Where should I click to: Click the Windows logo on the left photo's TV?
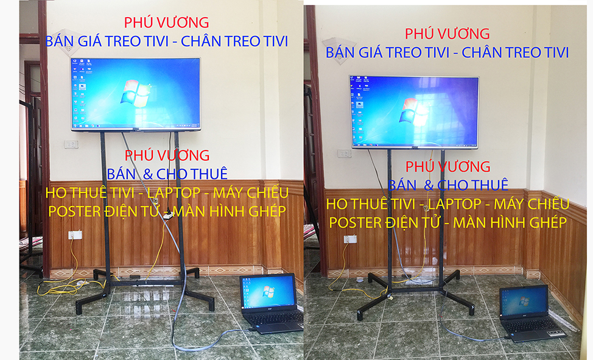coord(136,93)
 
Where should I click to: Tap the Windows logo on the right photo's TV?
coord(415,111)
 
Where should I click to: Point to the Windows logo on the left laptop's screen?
coord(268,292)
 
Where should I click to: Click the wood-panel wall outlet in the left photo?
coord(75,235)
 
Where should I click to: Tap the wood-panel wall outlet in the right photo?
coord(350,239)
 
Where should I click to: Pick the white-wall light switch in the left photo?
coord(71,144)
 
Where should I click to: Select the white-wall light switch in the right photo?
coord(344,154)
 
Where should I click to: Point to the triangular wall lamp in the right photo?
coord(339,51)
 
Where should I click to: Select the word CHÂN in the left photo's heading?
coord(203,41)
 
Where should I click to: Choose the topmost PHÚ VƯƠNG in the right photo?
coord(447,34)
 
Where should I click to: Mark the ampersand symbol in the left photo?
coord(148,174)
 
